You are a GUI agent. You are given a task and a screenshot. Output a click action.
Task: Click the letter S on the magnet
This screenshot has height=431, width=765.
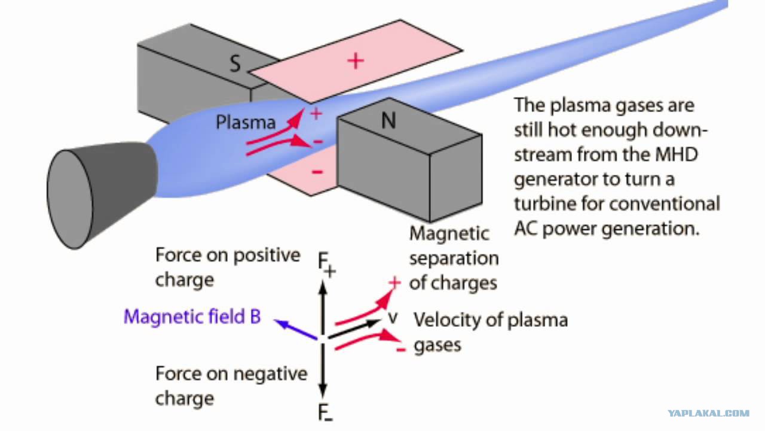tap(235, 63)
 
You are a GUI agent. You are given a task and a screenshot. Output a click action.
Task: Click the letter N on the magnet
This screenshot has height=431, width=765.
tap(388, 120)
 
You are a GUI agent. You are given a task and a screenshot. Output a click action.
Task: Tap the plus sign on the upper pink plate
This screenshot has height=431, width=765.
tap(356, 61)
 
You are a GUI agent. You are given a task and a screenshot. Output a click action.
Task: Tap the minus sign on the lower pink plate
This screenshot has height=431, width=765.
tap(317, 172)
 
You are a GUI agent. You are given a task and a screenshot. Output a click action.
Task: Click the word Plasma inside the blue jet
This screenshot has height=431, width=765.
tap(246, 123)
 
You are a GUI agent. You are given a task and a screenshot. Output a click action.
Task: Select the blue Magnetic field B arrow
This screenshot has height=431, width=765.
tap(296, 329)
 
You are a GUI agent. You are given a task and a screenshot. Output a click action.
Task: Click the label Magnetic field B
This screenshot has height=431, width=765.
tap(192, 317)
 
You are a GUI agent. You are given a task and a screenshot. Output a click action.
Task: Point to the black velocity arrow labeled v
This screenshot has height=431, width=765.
tap(354, 329)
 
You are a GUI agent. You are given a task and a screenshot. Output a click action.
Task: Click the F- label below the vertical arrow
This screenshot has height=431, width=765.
tap(325, 412)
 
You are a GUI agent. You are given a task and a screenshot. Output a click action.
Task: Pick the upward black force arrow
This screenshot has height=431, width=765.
tap(323, 307)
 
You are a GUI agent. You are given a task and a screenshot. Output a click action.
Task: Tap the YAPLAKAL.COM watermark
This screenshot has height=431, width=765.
tap(709, 414)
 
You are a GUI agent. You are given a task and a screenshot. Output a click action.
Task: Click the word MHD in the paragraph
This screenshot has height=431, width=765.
tap(677, 154)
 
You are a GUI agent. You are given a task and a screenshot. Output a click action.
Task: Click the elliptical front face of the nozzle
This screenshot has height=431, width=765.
tap(70, 199)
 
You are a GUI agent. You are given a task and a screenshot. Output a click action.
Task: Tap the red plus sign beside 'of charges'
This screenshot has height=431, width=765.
tap(394, 283)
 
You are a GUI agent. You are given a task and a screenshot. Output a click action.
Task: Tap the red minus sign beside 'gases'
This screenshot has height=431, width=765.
tap(401, 349)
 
